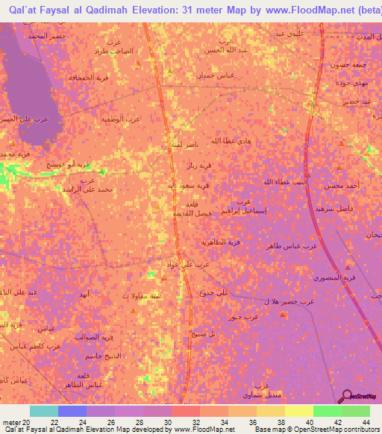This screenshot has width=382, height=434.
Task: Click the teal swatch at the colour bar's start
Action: (x=43, y=411)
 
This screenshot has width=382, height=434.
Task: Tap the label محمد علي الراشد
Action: (x=94, y=189)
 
